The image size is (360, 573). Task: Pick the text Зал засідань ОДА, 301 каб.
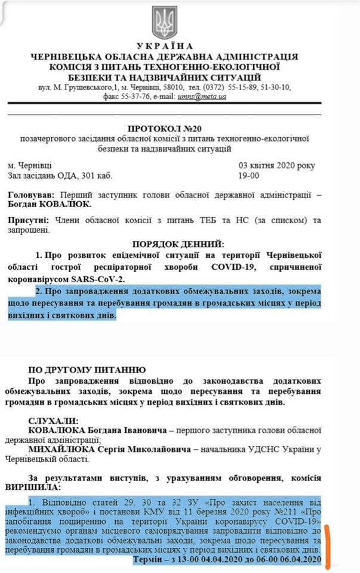point(60,175)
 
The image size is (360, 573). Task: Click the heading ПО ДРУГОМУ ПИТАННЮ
point(87,370)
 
